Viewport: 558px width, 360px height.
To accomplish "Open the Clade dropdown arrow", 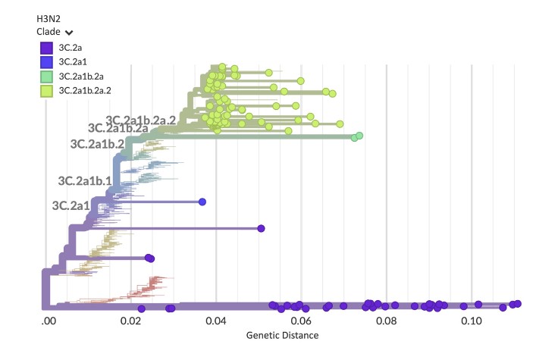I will pos(69,33).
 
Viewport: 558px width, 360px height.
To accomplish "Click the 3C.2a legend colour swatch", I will pos(46,48).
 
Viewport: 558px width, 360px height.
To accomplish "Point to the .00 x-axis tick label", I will pos(48,321).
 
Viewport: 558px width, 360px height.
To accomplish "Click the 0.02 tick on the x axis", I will pos(131,321).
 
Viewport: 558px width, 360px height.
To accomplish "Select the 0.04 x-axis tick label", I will pos(216,321).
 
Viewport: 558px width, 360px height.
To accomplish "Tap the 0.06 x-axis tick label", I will pos(301,321).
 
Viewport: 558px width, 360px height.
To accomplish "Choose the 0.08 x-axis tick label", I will pos(386,321).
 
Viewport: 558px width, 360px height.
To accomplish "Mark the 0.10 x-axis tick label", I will pos(472,321).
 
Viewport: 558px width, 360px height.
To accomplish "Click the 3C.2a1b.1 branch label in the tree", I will pos(85,180).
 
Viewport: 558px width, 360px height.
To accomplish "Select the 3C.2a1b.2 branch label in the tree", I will pos(97,143).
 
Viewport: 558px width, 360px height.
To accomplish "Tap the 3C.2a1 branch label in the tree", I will pos(71,205).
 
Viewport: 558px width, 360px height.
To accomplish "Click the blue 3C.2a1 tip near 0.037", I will pos(202,202).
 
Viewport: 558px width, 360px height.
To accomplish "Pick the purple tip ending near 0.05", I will pos(261,228).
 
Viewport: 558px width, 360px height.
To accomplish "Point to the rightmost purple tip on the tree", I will pos(518,303).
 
